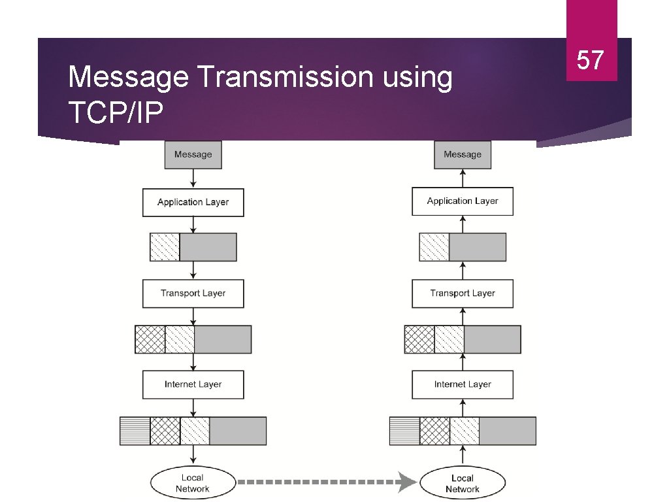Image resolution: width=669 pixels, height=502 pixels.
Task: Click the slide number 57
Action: click(x=591, y=59)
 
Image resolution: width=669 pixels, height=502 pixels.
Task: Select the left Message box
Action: click(x=193, y=155)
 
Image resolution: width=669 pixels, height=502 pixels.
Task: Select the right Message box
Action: click(x=463, y=155)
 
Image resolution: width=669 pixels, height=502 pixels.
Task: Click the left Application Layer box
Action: click(x=193, y=203)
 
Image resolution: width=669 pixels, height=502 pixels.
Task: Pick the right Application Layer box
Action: click(x=463, y=201)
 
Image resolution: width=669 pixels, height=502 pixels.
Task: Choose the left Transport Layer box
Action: click(x=193, y=293)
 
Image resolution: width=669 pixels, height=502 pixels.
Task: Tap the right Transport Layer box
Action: click(x=463, y=293)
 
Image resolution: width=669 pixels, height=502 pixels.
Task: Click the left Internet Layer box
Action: click(x=193, y=385)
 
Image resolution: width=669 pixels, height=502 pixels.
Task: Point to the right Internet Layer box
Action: click(x=463, y=385)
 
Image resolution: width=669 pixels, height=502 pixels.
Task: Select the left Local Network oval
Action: click(x=193, y=484)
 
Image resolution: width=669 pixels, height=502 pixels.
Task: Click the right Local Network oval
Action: click(x=463, y=484)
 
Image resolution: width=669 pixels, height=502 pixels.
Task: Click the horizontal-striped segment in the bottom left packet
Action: click(x=135, y=431)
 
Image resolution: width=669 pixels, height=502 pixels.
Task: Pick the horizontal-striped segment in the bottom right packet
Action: click(x=404, y=431)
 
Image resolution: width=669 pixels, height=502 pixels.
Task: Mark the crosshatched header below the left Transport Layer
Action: click(x=150, y=339)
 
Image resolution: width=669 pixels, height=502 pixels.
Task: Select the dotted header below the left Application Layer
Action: click(x=165, y=247)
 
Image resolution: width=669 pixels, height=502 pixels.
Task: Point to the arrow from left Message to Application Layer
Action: click(x=193, y=178)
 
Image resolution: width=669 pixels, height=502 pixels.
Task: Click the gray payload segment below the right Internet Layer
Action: click(x=508, y=431)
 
